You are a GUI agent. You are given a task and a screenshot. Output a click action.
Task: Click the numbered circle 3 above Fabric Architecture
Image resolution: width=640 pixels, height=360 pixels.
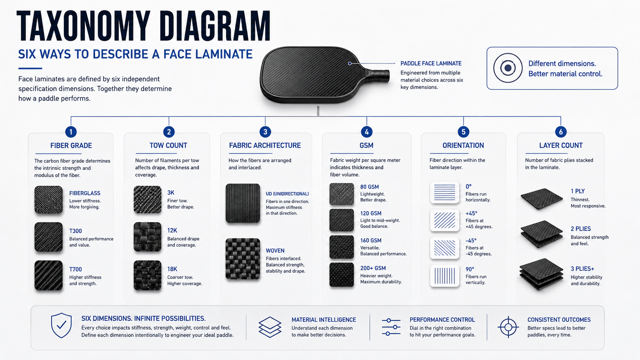tap(265, 132)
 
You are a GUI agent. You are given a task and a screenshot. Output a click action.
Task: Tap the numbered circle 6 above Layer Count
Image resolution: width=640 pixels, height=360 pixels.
tap(560, 132)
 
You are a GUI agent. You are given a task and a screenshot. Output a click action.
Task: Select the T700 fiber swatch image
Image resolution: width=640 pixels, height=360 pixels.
tap(49, 275)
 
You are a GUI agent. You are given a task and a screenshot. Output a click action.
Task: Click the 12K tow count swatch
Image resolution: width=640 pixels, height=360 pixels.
tap(147, 237)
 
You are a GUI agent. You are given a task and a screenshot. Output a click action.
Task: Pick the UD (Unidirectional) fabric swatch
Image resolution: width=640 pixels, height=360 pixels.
tap(243, 203)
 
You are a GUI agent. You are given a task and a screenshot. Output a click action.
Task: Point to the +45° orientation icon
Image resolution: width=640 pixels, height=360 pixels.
tap(444, 220)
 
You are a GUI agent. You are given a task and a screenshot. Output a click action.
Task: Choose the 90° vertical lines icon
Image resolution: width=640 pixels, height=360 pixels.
tap(444, 276)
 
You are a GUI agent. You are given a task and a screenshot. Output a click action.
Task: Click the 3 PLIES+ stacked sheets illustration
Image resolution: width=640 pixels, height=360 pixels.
tap(541, 274)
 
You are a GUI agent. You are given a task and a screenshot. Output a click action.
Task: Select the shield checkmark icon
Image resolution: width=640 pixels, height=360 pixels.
tap(61, 326)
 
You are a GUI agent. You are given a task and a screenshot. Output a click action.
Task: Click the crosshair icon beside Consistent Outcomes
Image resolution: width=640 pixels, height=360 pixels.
tap(508, 327)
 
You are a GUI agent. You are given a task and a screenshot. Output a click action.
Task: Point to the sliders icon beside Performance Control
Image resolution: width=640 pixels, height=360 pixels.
tap(391, 327)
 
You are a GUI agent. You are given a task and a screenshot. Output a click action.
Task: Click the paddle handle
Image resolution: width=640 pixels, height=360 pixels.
tap(377, 76)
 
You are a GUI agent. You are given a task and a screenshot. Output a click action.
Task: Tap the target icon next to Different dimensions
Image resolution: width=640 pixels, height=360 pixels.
tap(508, 68)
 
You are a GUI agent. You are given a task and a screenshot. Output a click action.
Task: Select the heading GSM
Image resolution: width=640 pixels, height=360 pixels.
tap(366, 146)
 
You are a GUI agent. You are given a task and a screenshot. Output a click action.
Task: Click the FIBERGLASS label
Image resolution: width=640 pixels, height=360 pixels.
tap(85, 193)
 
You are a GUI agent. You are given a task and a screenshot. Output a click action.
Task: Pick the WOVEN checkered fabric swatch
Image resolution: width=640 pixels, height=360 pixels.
tap(243, 259)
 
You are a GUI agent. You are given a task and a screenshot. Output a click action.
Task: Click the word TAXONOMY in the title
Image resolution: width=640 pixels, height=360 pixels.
tap(83, 26)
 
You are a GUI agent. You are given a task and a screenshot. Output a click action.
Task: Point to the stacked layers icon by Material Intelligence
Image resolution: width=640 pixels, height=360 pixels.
tap(270, 327)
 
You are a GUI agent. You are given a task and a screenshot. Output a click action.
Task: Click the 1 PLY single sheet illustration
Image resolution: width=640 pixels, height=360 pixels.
tap(541, 199)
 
